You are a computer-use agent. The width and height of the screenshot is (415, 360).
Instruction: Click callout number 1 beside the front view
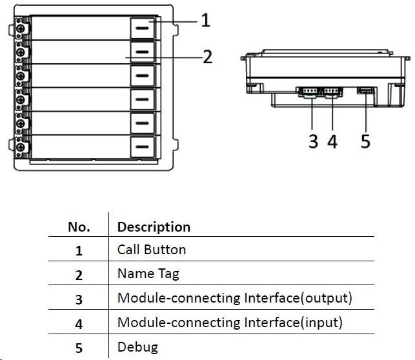click(205, 21)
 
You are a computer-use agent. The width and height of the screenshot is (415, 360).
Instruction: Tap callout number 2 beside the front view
click(207, 57)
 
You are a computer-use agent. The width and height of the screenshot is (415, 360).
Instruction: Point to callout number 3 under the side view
click(313, 141)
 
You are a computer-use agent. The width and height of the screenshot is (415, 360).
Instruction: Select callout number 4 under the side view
click(332, 141)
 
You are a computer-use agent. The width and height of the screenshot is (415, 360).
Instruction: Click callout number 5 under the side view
click(365, 141)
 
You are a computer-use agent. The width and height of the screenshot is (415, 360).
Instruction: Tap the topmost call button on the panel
click(143, 28)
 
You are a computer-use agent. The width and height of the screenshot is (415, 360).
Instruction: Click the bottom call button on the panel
click(143, 146)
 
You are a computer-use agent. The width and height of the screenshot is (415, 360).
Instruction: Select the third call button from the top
click(143, 75)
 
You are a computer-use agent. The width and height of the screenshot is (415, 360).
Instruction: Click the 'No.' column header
click(79, 227)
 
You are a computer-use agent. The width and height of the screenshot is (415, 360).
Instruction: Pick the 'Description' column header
click(154, 227)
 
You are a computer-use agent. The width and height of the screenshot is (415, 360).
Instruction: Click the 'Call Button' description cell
click(151, 250)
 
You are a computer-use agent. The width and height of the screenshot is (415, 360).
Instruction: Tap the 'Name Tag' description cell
click(148, 274)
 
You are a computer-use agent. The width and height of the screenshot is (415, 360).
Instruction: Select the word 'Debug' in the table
click(137, 347)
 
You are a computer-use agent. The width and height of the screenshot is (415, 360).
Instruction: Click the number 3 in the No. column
click(79, 299)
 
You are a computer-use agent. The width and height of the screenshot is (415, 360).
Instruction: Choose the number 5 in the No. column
click(79, 348)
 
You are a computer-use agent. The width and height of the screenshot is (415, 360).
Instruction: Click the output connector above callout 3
click(307, 92)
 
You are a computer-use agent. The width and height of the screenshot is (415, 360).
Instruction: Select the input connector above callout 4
click(332, 92)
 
